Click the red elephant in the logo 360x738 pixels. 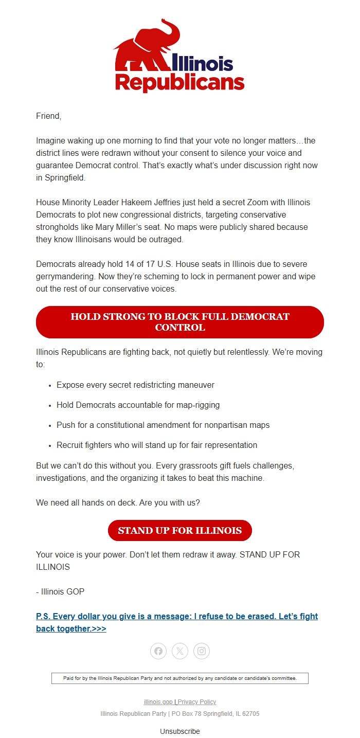click(144, 49)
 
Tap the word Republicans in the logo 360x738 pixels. click(179, 82)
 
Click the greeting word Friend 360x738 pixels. click(48, 116)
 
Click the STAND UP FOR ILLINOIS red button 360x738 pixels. click(179, 530)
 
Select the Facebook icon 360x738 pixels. click(158, 651)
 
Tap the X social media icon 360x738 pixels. click(180, 651)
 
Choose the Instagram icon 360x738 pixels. click(202, 651)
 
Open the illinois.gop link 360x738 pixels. click(158, 702)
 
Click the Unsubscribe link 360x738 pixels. click(180, 731)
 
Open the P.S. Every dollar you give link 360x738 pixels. click(177, 622)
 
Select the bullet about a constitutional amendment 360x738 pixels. click(163, 425)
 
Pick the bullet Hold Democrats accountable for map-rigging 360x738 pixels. click(138, 405)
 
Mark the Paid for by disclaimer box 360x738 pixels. click(180, 678)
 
